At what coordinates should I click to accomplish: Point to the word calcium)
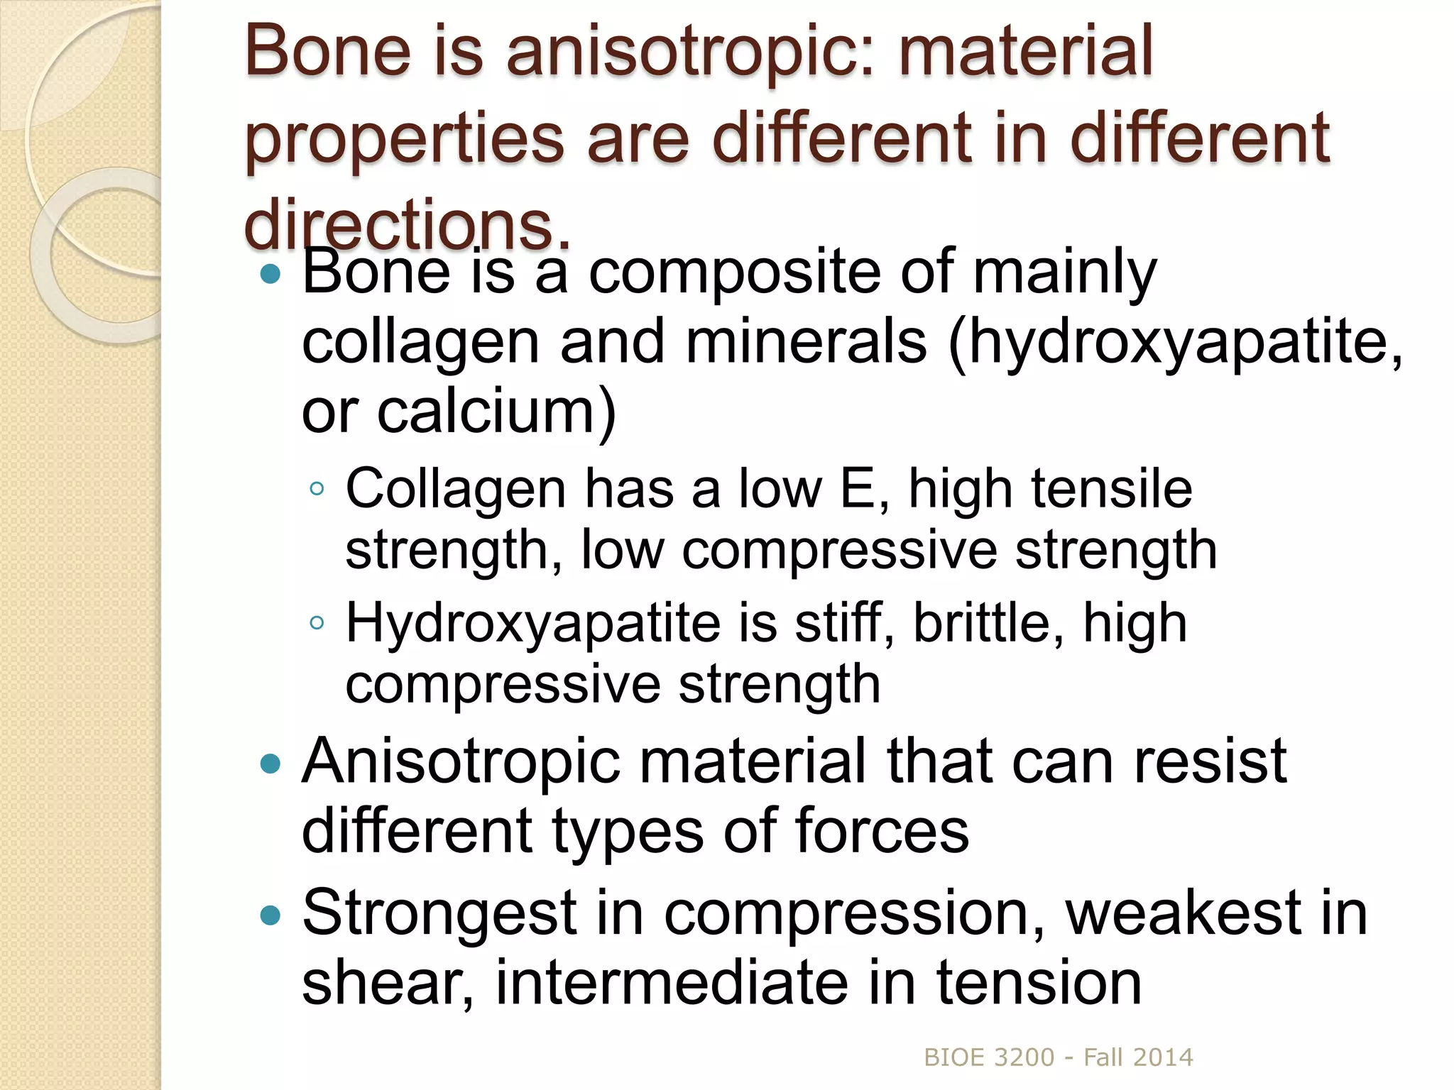[496, 412]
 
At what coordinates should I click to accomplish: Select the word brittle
[988, 623]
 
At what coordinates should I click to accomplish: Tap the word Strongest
[439, 915]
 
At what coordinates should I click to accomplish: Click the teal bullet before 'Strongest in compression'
[270, 915]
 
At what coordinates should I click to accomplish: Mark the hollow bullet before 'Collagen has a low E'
[317, 489]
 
